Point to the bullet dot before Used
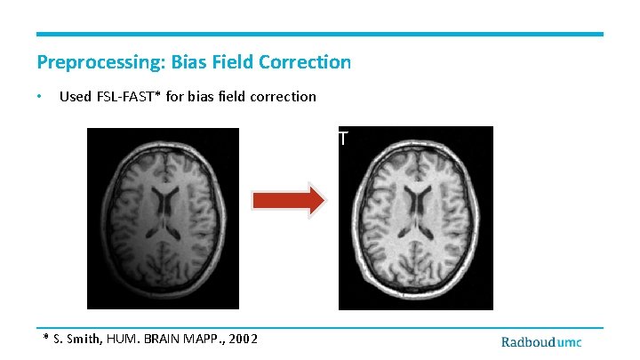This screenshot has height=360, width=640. coord(40,96)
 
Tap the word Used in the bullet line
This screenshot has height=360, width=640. coord(75,96)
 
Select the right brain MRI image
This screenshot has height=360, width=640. coord(415,218)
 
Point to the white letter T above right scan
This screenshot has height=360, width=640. coord(341,138)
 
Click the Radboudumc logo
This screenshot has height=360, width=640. coord(541,342)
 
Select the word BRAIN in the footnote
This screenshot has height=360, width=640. coord(165,339)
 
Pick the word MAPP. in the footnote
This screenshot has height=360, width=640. coord(207,339)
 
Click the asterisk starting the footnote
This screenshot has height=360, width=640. coord(47,338)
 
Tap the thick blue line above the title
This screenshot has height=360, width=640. coord(320,35)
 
